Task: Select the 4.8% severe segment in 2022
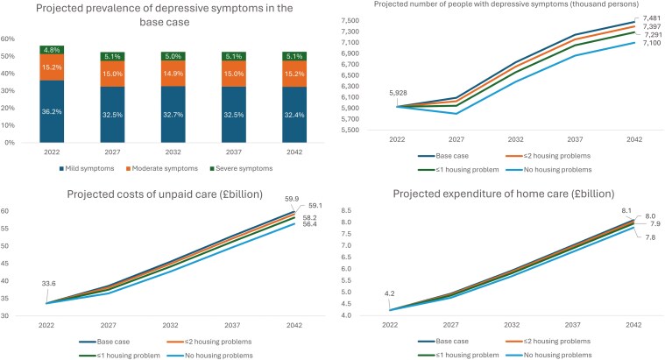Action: [52, 50]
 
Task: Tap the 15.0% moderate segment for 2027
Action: [113, 74]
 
